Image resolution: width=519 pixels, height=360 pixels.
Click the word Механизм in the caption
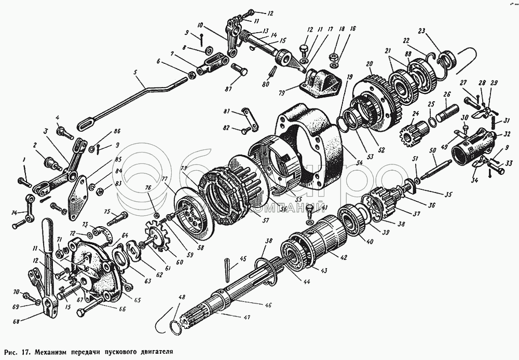tap(57, 351)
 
